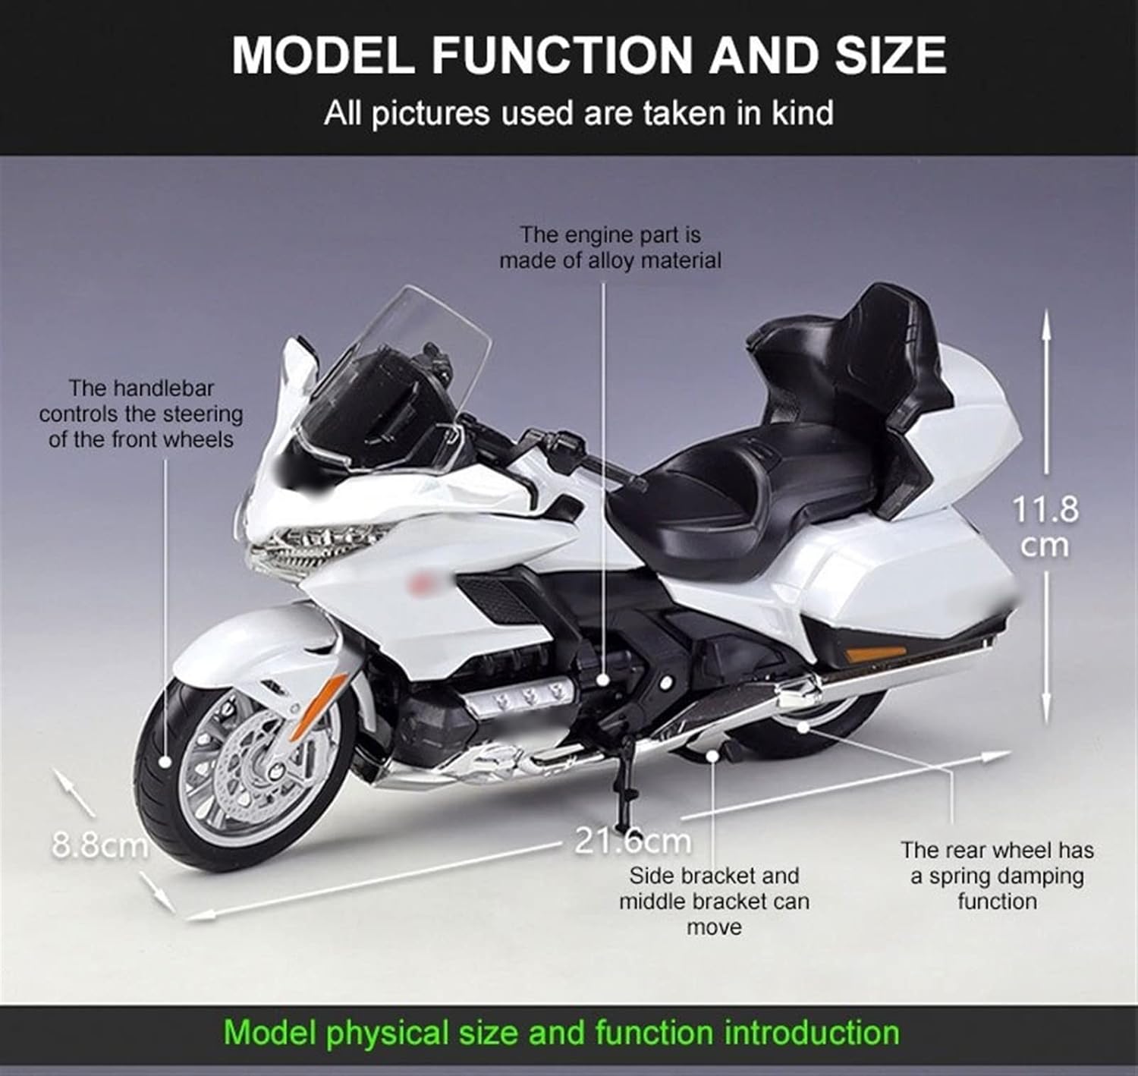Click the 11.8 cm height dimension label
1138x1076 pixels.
(x=1045, y=526)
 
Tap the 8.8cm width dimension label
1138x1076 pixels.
(x=99, y=844)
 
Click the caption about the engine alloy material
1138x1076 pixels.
(x=610, y=247)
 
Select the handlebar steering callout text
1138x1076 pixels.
(x=141, y=414)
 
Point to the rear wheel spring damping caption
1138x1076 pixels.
(x=997, y=876)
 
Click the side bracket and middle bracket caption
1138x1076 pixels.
(x=714, y=901)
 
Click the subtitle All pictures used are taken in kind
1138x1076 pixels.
(x=578, y=113)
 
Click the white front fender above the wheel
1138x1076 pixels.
(x=250, y=645)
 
